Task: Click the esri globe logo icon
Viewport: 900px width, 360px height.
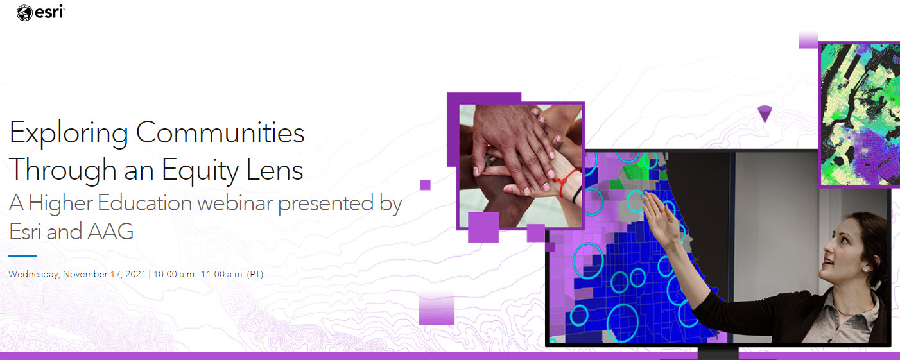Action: (24, 12)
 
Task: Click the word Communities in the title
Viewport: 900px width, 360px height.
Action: (220, 133)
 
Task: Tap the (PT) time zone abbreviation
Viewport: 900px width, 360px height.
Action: (255, 274)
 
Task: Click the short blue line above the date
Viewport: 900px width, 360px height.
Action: (23, 256)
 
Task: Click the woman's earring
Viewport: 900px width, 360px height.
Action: (864, 270)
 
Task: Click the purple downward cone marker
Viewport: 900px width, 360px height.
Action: (764, 114)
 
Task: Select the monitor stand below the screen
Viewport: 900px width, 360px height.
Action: (718, 354)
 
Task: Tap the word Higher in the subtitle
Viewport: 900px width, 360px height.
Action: (61, 203)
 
